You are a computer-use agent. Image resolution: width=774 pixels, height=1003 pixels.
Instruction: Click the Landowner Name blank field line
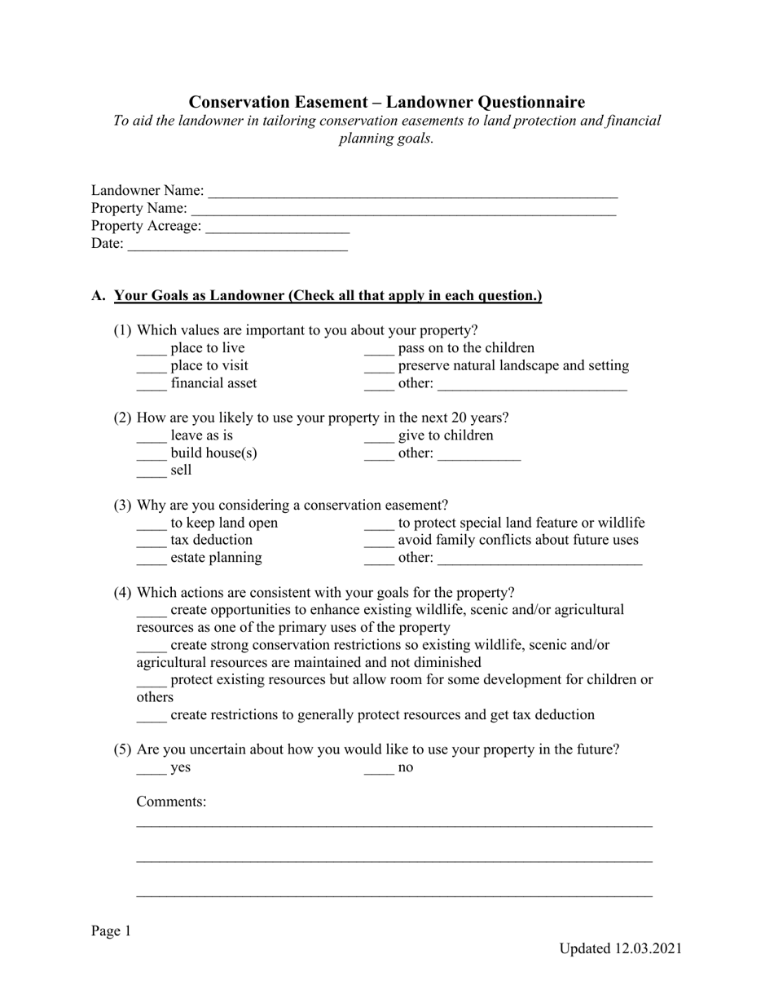point(412,196)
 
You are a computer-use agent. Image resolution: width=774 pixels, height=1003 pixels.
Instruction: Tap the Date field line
point(237,249)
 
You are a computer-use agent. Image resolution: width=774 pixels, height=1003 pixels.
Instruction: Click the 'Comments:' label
point(171,802)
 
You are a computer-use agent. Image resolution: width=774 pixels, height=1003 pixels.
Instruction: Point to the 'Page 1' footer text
point(111,931)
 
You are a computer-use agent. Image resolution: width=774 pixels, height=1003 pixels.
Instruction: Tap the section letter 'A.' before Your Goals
point(99,296)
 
